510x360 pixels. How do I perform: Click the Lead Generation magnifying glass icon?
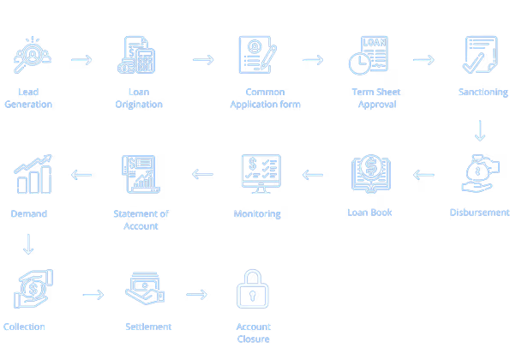point(33,55)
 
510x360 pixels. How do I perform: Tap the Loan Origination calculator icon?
point(136,55)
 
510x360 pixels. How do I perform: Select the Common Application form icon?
point(258,55)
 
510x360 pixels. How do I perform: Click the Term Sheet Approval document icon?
point(369,55)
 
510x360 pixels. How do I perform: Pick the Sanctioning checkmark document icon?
point(480,55)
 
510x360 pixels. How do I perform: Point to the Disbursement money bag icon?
point(480,174)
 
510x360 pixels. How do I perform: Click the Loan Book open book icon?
point(371,174)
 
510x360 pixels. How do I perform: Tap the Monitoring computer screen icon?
point(261,174)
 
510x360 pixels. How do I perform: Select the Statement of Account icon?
point(141,174)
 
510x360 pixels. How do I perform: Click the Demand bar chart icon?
point(33,174)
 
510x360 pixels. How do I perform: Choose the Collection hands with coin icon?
point(33,289)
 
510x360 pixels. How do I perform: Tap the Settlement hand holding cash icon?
point(145,289)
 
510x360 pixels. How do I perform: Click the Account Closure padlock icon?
point(253,289)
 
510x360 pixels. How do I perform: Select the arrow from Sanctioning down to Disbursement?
point(480,131)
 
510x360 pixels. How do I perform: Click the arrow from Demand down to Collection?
point(28,244)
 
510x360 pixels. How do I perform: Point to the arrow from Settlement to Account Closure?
point(196,295)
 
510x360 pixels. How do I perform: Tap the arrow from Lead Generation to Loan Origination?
point(81,60)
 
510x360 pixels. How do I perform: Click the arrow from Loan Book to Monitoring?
point(313,175)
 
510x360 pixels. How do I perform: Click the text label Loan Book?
point(369,213)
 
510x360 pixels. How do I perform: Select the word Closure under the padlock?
point(254,339)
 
